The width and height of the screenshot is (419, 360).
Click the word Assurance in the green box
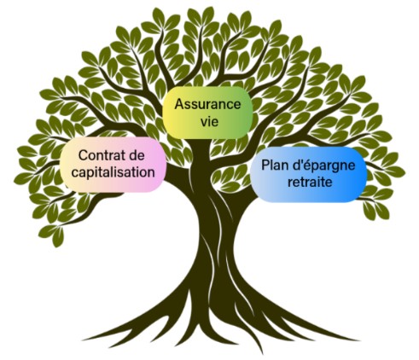pos(207,104)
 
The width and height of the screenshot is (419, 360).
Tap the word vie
pos(209,122)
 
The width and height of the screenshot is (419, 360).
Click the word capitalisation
pos(113,172)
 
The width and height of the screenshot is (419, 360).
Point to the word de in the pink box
pos(137,155)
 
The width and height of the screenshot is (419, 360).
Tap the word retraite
pos(310,182)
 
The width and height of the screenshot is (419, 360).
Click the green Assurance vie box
pos(207,113)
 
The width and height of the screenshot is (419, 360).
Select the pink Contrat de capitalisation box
pos(113,165)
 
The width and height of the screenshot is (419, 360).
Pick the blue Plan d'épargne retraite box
pos(309,174)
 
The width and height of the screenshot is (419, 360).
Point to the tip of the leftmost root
pos(83,340)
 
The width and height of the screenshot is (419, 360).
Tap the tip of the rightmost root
pos(359,340)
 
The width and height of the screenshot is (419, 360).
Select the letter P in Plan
pos(265,165)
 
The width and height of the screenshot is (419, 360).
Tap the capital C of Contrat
pos(83,155)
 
